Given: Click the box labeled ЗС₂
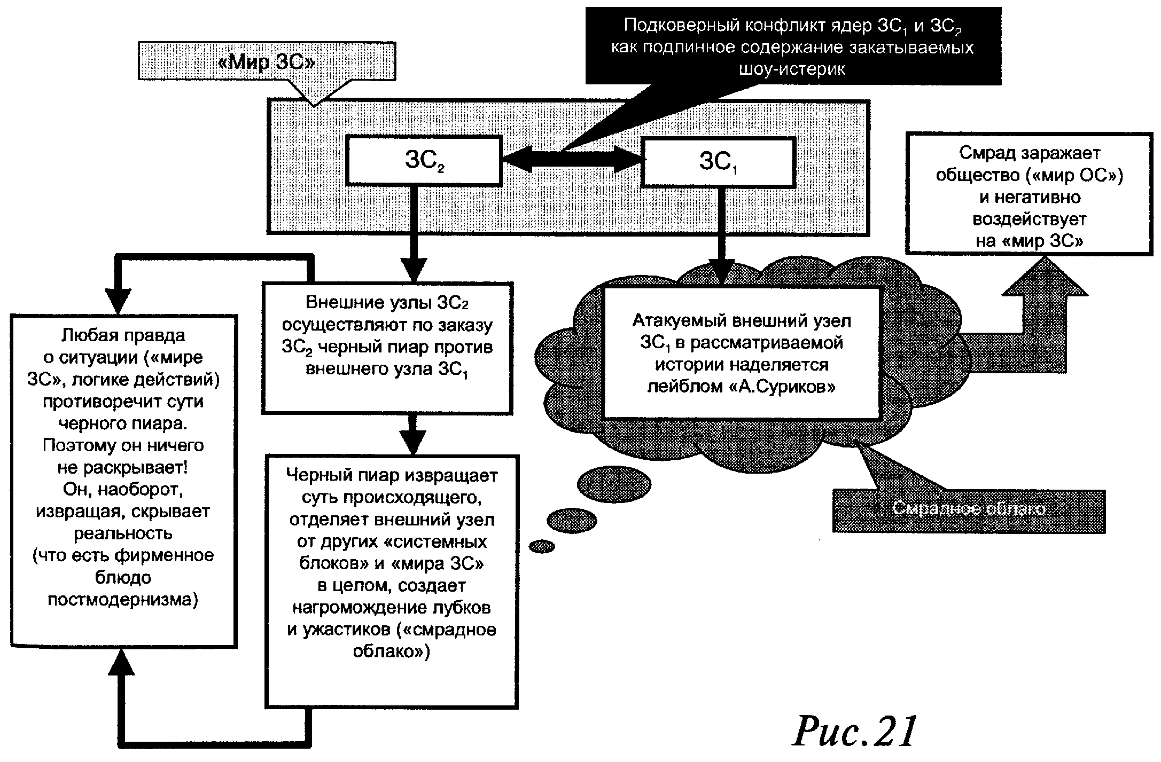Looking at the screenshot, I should coord(424,161).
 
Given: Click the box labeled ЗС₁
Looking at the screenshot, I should coord(718,162).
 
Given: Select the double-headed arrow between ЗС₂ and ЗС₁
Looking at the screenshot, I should coord(571,158).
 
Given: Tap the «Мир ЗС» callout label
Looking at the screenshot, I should coord(267,62).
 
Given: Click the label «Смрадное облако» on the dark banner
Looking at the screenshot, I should coord(969,509).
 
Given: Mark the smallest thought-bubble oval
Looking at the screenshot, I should coord(542,546).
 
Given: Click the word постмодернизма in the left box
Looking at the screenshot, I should coord(123,600).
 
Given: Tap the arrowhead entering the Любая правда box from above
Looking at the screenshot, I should coord(118,302).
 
